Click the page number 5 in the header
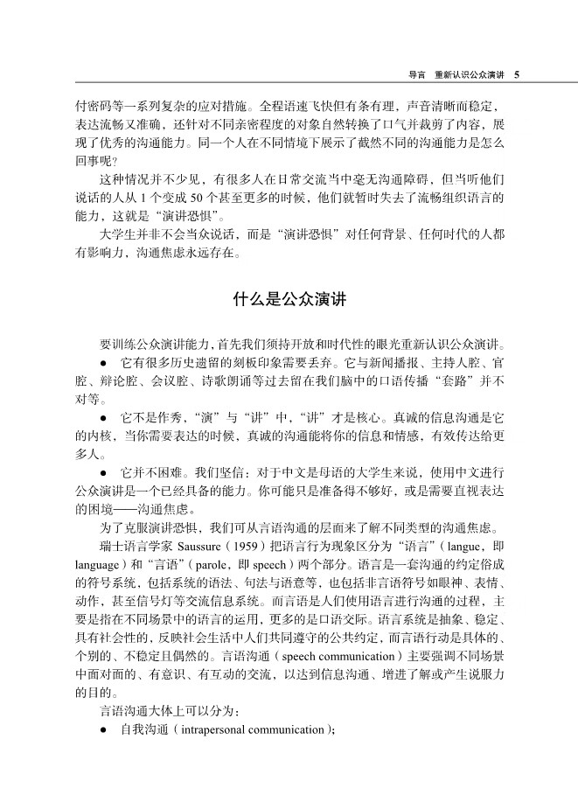pyautogui.click(x=517, y=73)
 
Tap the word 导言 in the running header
pyautogui.click(x=405, y=73)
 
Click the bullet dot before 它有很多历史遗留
pyautogui.click(x=104, y=360)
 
